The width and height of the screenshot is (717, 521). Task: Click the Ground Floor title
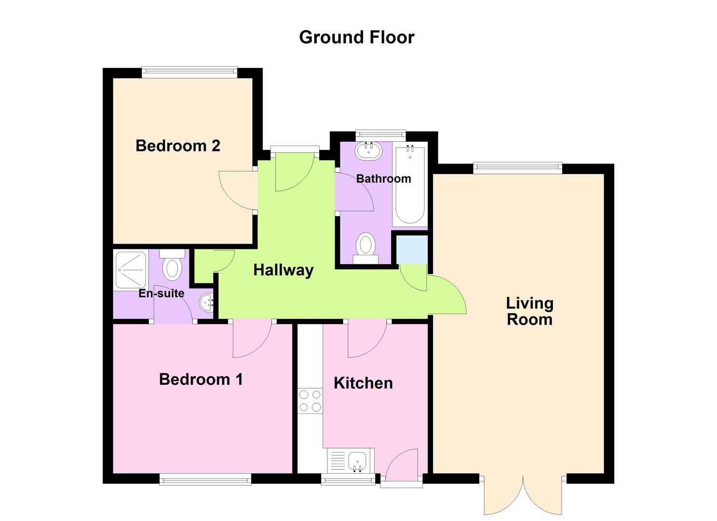(357, 37)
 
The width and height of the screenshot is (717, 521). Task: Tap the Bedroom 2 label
(178, 146)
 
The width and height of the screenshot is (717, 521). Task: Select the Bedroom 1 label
(201, 379)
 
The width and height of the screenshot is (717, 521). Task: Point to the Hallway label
(283, 270)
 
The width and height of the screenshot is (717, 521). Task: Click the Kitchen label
(363, 383)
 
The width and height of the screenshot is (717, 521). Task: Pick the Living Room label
(530, 311)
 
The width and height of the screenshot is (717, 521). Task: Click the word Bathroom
(383, 179)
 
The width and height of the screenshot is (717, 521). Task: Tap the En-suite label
(161, 293)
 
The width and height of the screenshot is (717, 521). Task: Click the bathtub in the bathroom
(409, 185)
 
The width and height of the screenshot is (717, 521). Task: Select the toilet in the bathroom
(366, 247)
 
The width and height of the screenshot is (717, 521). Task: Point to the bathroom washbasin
(369, 150)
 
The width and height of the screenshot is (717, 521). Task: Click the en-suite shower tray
(131, 270)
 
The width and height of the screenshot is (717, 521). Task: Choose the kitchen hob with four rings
(310, 401)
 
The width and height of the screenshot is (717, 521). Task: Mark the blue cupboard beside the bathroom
(412, 249)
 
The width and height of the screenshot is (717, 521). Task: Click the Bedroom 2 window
(189, 72)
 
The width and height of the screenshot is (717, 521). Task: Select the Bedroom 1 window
(205, 479)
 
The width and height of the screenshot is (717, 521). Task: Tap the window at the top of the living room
(518, 168)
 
